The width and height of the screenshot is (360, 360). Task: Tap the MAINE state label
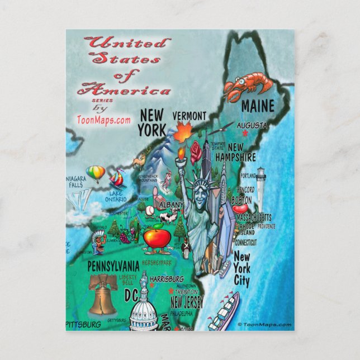(257, 106)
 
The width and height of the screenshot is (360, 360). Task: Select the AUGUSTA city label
(252, 125)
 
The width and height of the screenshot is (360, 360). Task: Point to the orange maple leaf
(182, 134)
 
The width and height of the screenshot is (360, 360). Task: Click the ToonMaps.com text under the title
(104, 119)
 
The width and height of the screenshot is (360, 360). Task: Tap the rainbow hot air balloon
(96, 173)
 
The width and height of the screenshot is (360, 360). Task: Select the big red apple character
(157, 239)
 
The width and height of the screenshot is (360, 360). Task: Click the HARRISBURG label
(167, 278)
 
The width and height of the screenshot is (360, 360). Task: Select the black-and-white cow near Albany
(172, 215)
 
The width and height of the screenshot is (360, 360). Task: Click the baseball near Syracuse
(150, 210)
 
